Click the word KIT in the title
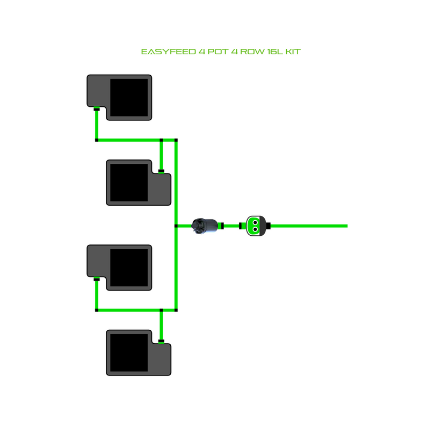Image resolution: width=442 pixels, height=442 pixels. point(293,52)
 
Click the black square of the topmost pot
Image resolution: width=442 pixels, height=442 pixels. point(129,97)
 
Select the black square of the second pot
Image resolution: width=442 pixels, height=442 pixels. point(129,182)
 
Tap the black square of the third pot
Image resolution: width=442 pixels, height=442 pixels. point(129,267)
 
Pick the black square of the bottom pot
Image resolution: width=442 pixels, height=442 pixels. point(129,352)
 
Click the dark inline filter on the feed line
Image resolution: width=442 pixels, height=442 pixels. point(205,226)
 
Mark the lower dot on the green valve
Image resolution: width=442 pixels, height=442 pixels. point(256,230)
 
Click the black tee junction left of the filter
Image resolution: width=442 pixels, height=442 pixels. point(176,226)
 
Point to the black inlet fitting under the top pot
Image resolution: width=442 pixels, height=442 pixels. point(97,110)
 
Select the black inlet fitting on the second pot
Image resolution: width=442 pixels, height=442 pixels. point(161,171)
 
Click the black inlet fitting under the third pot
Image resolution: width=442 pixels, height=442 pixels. point(97,279)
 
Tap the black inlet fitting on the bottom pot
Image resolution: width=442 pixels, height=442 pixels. point(161,341)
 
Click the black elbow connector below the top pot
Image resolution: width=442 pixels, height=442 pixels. point(97,140)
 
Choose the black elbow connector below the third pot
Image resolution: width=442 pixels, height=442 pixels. point(97,310)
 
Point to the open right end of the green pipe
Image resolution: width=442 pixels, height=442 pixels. point(346,226)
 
